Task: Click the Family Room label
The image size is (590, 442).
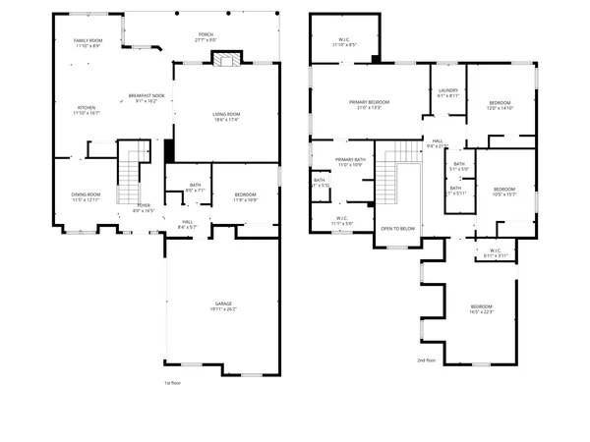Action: click(x=95, y=41)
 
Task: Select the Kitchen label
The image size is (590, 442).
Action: click(x=87, y=108)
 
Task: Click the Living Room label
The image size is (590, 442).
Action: click(x=227, y=115)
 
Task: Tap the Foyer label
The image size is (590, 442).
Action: click(x=144, y=206)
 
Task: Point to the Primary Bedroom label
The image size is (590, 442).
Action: click(x=370, y=102)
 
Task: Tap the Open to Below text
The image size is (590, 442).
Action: click(x=398, y=228)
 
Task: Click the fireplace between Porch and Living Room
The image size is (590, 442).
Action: click(x=227, y=60)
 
